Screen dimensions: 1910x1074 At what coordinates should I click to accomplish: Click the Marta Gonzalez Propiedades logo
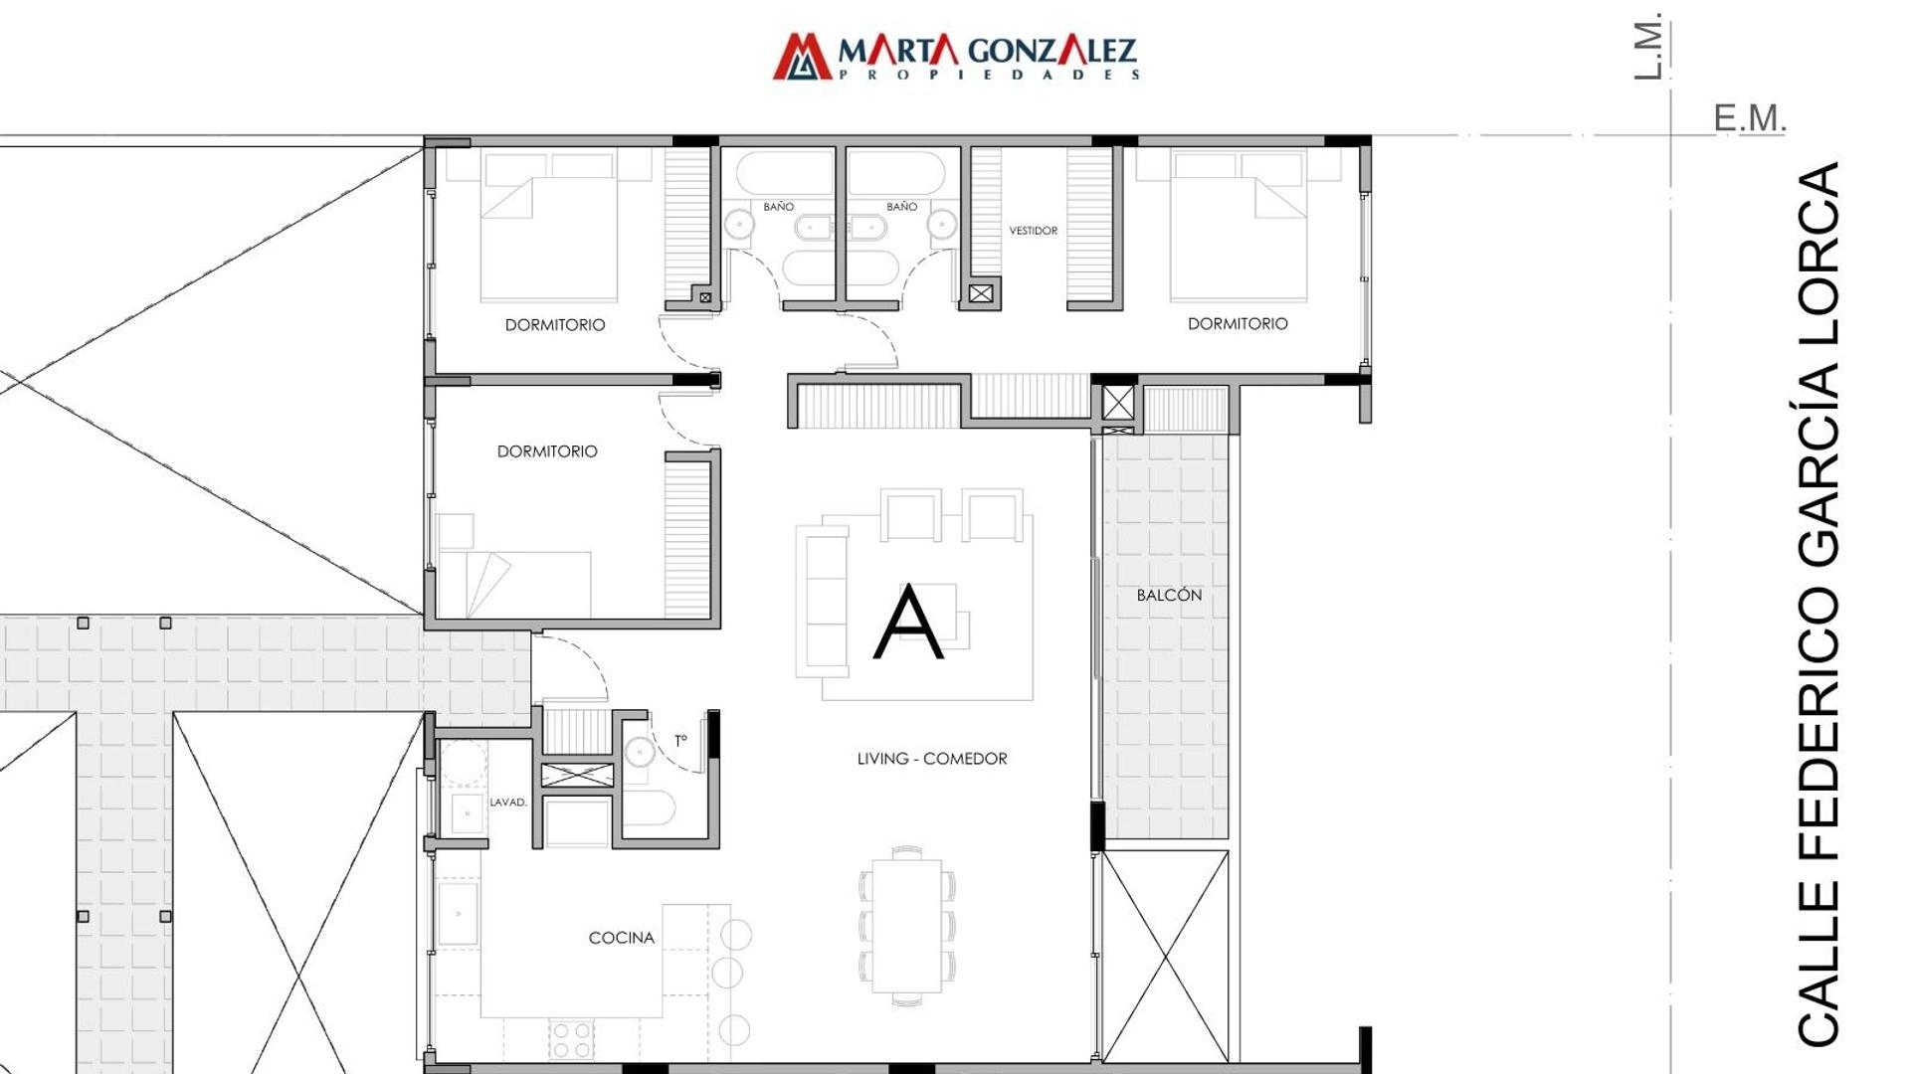click(x=956, y=56)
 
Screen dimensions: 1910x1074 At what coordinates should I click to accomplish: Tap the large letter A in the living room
click(x=908, y=623)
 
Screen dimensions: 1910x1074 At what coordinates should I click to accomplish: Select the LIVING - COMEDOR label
click(x=932, y=759)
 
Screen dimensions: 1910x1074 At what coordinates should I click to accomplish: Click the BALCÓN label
click(x=1169, y=595)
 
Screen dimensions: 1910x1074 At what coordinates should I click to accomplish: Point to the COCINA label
click(x=622, y=938)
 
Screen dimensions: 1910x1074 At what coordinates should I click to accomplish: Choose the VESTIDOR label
click(x=1034, y=231)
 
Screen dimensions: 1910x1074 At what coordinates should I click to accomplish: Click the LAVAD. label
click(x=508, y=803)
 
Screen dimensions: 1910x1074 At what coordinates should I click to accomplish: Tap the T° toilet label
click(x=680, y=741)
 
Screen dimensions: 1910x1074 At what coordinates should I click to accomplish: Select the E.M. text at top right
click(x=1750, y=118)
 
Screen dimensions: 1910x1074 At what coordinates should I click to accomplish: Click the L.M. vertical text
click(x=1648, y=46)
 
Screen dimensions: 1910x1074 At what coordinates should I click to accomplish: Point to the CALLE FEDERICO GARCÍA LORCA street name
click(x=1818, y=605)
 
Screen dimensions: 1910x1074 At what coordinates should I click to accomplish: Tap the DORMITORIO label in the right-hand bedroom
click(x=1238, y=324)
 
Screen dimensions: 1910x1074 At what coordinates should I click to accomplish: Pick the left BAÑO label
click(x=779, y=207)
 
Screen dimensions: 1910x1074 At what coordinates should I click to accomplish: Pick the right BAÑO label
click(x=902, y=207)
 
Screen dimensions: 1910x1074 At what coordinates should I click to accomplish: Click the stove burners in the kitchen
click(x=571, y=1040)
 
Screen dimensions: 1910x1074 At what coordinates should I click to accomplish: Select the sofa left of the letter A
click(x=822, y=602)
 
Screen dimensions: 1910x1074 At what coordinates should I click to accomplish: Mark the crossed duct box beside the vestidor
click(x=981, y=293)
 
